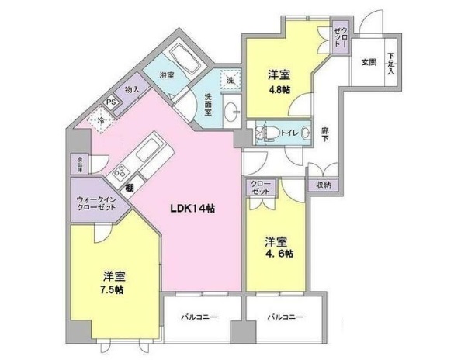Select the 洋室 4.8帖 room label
[x=279, y=81]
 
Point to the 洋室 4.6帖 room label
[x=276, y=247]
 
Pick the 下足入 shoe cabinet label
[x=390, y=63]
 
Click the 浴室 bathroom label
[x=166, y=75]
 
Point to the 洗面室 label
[x=209, y=103]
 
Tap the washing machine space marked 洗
[x=231, y=80]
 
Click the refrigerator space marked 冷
[x=99, y=120]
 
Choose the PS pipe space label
[x=110, y=102]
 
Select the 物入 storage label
[x=132, y=89]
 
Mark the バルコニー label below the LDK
[x=199, y=317]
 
